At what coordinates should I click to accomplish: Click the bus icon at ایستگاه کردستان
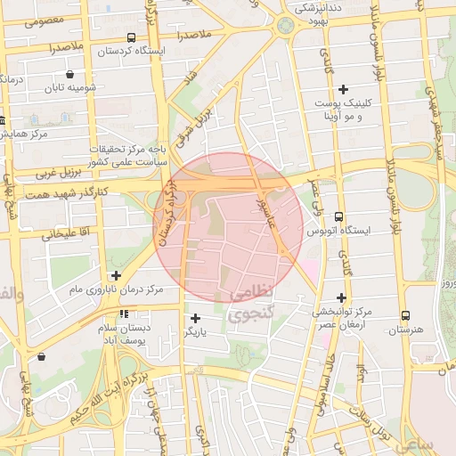click(x=132, y=37)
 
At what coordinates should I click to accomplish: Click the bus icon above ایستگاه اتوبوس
click(x=338, y=216)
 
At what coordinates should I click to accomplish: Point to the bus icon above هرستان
click(x=406, y=315)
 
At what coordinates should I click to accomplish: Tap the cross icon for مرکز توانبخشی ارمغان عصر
click(x=341, y=297)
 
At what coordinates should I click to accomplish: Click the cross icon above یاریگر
click(x=195, y=317)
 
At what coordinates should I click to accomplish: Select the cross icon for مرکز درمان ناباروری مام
click(x=115, y=275)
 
